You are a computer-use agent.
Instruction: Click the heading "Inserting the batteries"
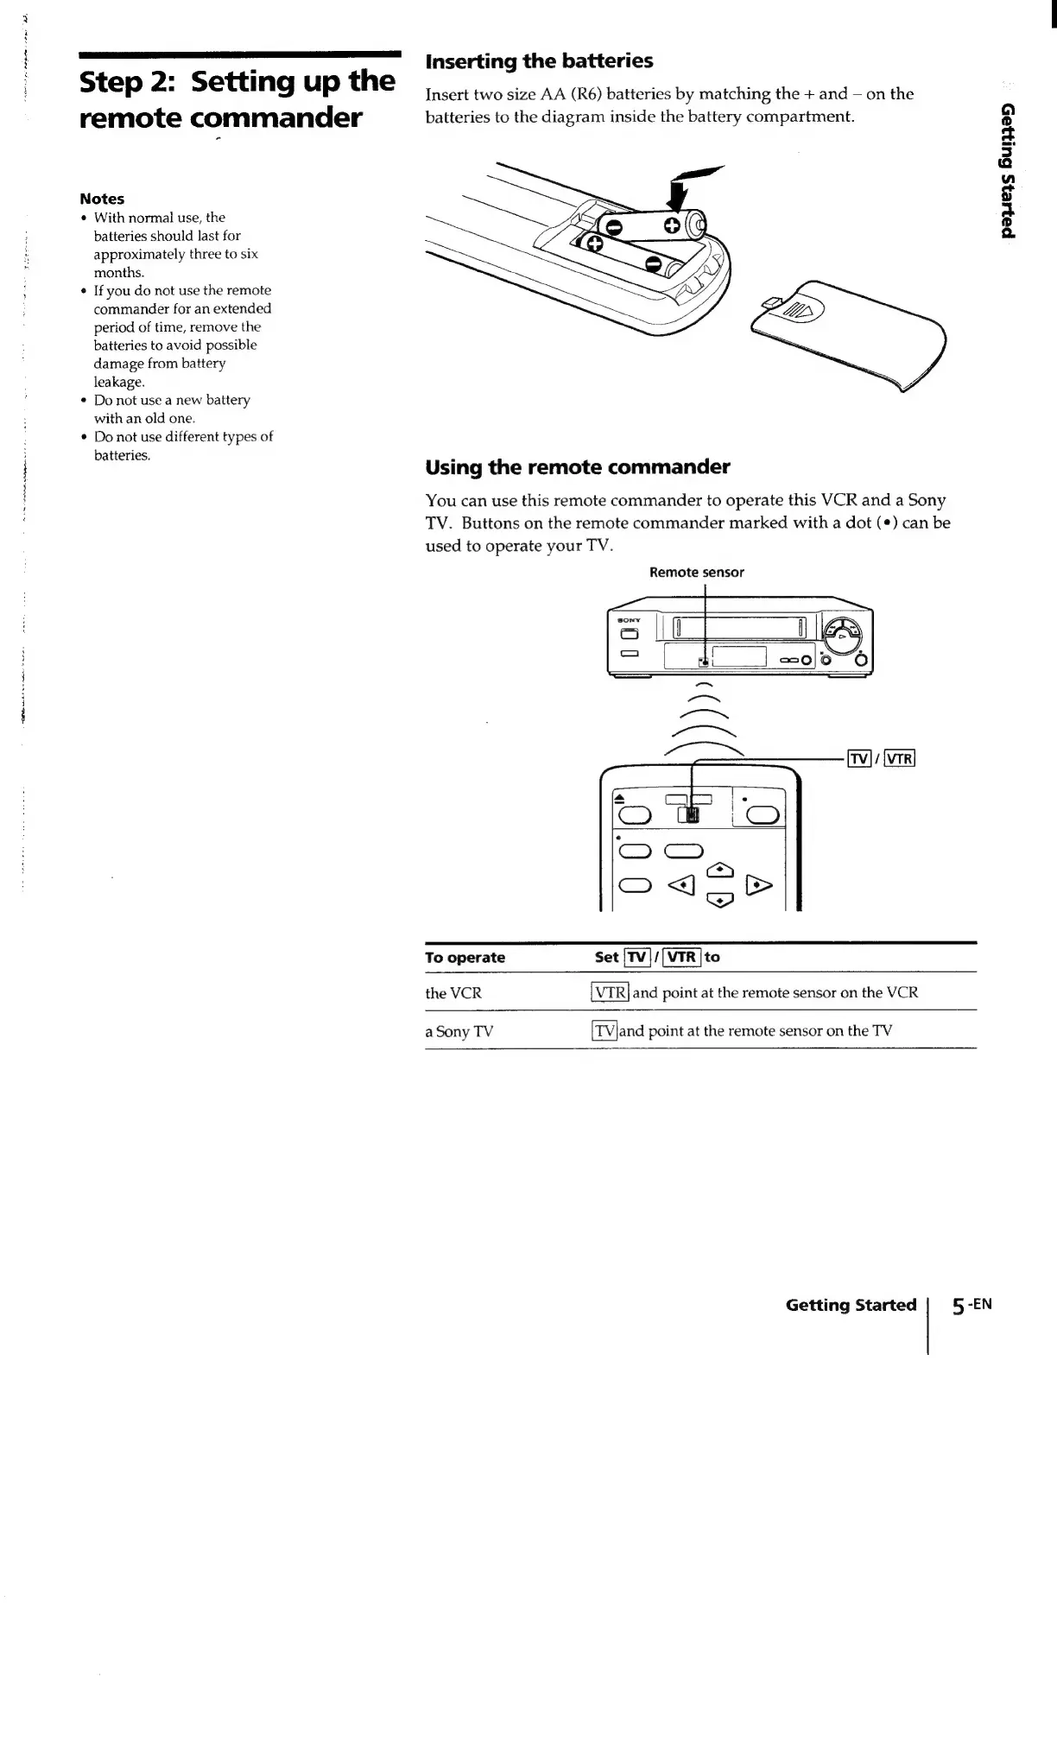539,61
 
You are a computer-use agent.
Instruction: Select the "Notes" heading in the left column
102,199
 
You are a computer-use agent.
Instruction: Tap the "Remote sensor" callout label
696,572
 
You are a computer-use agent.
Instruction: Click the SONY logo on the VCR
628,620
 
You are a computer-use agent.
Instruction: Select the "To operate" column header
465,957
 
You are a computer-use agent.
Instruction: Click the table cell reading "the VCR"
453,993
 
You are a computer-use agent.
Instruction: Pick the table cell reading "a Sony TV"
459,1031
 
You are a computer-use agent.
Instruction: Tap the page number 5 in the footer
959,1306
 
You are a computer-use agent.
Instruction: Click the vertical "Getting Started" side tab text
1006,169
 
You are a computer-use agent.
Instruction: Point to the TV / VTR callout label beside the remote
881,759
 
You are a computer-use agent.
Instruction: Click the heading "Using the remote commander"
577,467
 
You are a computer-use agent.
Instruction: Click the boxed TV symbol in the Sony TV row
604,1030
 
